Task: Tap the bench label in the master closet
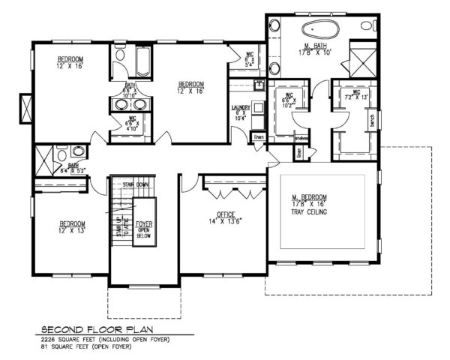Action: [371, 118]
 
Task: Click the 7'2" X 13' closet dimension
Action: [349, 97]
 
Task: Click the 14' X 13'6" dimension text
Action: [226, 221]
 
